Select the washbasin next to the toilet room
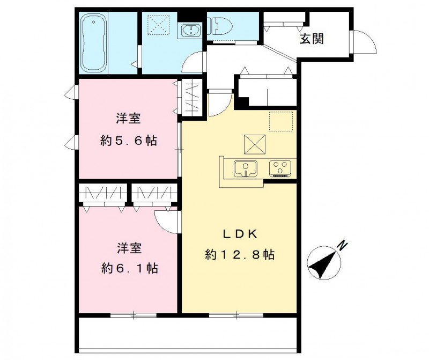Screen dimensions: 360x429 190,30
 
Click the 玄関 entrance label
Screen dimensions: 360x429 311,39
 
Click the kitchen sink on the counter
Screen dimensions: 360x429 246,168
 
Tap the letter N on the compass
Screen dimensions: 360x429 342,246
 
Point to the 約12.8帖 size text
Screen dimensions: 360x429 240,255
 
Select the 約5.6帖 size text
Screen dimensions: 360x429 129,141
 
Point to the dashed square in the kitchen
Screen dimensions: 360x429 280,121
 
